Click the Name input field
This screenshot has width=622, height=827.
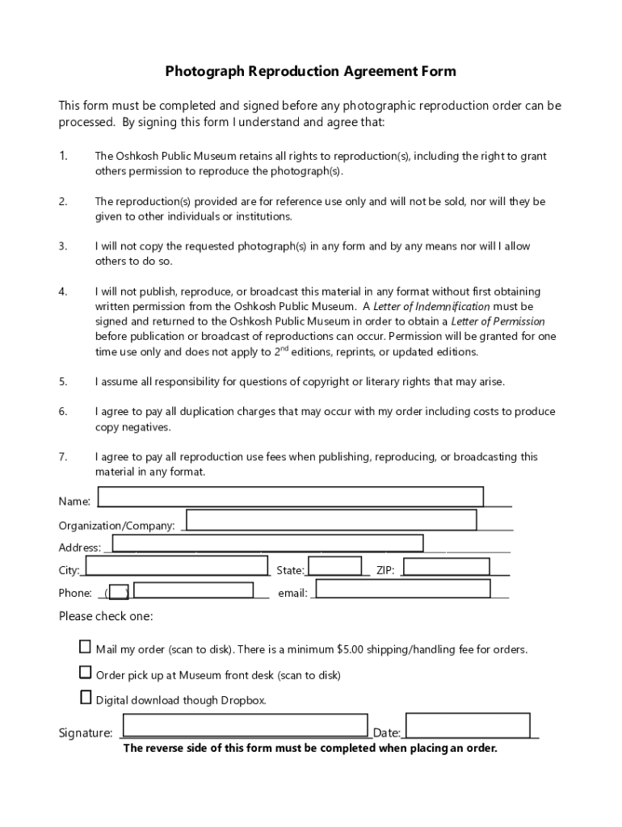click(290, 497)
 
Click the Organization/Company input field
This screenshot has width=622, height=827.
click(331, 520)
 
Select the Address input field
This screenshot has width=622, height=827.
click(267, 543)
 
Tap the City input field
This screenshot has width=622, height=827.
click(176, 565)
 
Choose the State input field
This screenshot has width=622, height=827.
click(334, 565)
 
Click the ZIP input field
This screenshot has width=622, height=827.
click(447, 567)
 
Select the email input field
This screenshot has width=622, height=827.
click(403, 589)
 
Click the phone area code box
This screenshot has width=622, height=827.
click(119, 592)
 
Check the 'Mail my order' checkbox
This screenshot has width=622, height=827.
click(86, 647)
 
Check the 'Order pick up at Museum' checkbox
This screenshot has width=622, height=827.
click(86, 673)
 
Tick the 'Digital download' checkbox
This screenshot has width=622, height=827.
click(86, 698)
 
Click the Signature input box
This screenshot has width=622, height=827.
click(246, 725)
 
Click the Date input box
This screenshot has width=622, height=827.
click(468, 725)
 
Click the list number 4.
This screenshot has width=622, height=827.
click(63, 292)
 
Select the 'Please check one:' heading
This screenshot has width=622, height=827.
click(106, 617)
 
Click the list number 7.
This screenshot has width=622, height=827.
click(63, 457)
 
